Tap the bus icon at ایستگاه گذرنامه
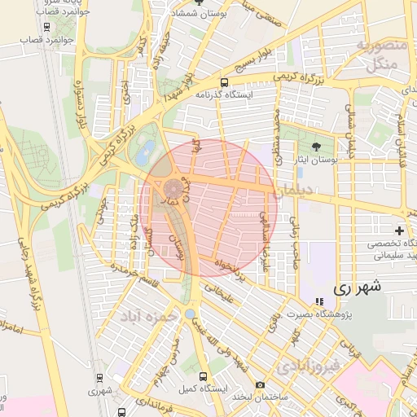(224, 82)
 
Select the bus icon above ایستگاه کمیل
(202, 376)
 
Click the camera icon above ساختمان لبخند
(260, 384)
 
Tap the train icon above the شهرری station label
(99, 378)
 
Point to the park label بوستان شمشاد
(200, 14)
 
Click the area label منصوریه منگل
(380, 52)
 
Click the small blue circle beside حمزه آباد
(190, 314)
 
